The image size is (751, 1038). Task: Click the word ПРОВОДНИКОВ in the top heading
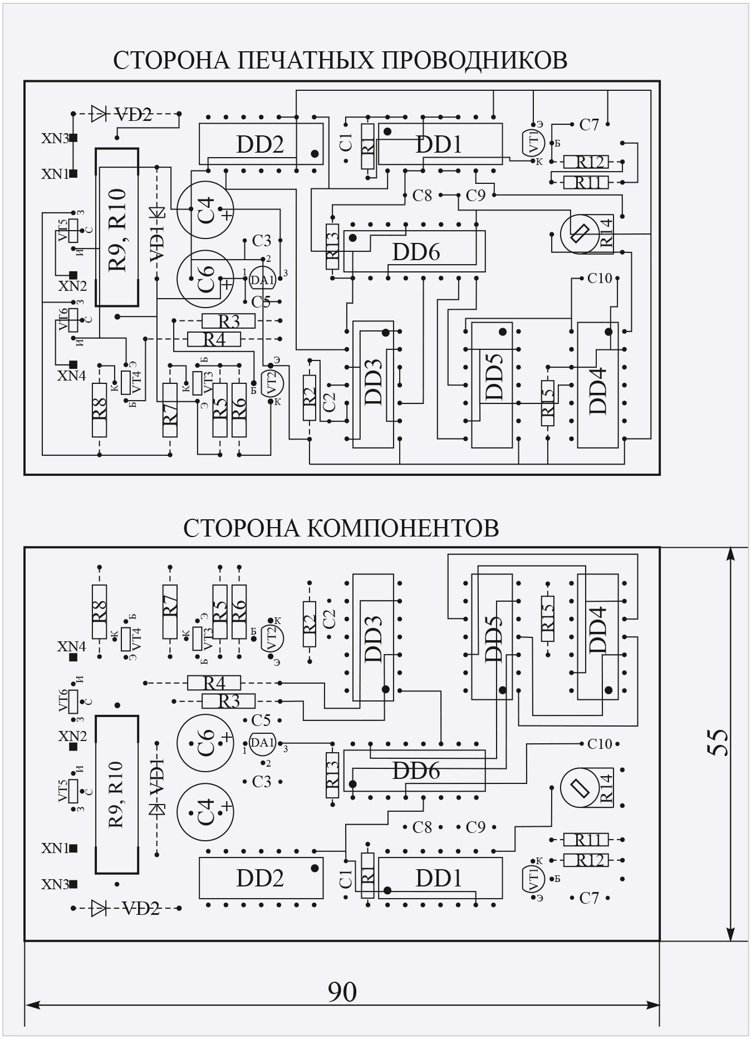[474, 60]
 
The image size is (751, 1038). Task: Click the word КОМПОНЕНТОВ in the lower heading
[403, 528]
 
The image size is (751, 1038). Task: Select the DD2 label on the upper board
[260, 144]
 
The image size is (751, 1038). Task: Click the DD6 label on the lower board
[416, 771]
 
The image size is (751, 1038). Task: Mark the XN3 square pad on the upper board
[73, 138]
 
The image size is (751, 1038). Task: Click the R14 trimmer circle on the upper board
[580, 234]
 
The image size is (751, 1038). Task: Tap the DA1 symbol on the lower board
[262, 743]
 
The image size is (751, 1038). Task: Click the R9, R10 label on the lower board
[117, 794]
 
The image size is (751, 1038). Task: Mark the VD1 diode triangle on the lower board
[158, 808]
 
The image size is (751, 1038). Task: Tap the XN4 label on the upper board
[71, 376]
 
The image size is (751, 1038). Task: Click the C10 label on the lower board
[600, 744]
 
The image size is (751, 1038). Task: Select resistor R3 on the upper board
[228, 321]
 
